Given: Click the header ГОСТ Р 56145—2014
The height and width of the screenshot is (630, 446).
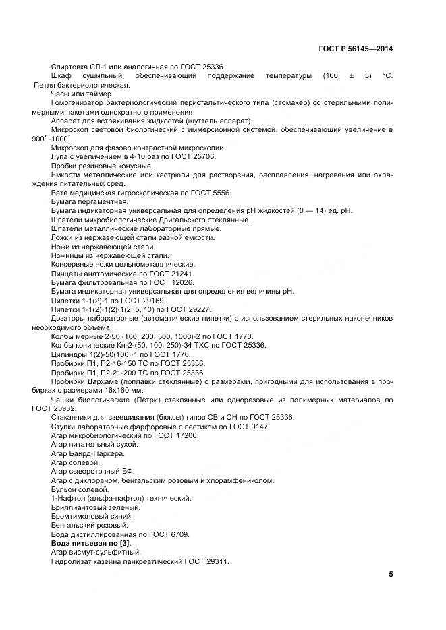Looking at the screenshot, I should [x=355, y=49].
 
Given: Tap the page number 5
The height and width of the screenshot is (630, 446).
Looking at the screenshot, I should [x=391, y=575].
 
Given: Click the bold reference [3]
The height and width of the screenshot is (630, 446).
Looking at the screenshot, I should [x=124, y=543].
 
